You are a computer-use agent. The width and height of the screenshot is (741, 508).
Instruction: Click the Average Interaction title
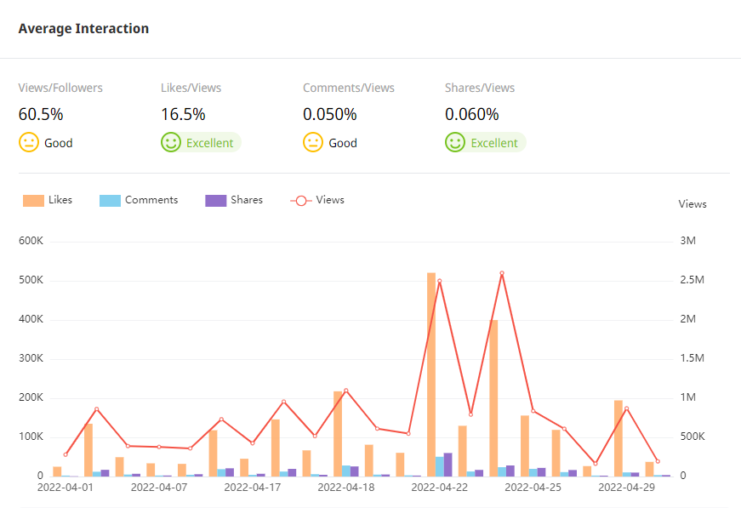pyautogui.click(x=83, y=29)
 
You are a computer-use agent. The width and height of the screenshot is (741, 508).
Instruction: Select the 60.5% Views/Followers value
pyautogui.click(x=41, y=115)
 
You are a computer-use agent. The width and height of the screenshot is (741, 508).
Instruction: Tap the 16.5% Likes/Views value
pyautogui.click(x=183, y=115)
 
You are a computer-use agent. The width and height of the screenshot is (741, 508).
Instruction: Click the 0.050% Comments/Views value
pyautogui.click(x=329, y=115)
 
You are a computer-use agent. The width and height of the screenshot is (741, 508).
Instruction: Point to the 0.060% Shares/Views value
pyautogui.click(x=471, y=115)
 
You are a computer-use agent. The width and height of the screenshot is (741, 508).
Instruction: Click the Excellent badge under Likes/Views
pyautogui.click(x=209, y=143)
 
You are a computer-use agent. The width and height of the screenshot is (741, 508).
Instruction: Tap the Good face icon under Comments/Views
pyautogui.click(x=312, y=142)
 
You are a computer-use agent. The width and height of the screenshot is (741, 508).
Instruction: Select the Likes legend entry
pyautogui.click(x=48, y=200)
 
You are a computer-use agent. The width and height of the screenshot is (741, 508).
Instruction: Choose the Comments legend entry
pyautogui.click(x=139, y=200)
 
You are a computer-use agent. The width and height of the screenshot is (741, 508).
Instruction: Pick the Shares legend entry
pyautogui.click(x=234, y=200)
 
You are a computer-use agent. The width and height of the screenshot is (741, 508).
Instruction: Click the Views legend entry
pyautogui.click(x=317, y=200)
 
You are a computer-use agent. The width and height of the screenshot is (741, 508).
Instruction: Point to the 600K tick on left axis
pyautogui.click(x=31, y=242)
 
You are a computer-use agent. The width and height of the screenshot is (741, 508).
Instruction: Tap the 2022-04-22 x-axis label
pyautogui.click(x=439, y=488)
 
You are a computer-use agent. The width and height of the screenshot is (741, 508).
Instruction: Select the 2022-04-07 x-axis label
pyautogui.click(x=158, y=488)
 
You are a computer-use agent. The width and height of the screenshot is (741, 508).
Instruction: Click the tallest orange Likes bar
pyautogui.click(x=431, y=374)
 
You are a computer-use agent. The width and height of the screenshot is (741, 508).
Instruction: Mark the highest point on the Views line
pyautogui.click(x=502, y=273)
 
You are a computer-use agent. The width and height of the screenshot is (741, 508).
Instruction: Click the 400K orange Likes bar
pyautogui.click(x=493, y=397)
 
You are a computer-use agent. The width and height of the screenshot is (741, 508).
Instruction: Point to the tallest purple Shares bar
pyautogui.click(x=448, y=465)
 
